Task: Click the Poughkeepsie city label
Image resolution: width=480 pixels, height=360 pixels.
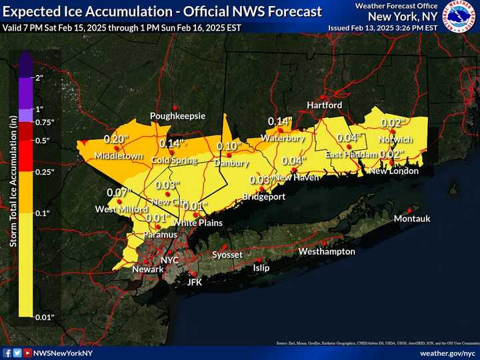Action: [177, 116]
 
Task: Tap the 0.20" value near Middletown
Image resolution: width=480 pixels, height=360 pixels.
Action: [116, 139]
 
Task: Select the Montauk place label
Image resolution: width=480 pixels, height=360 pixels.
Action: [412, 219]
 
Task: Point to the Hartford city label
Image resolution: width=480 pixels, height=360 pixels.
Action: [324, 106]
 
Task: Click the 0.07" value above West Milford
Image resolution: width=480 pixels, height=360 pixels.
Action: [117, 193]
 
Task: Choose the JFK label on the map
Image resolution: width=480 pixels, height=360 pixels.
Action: [193, 282]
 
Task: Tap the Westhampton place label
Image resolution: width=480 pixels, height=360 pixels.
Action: [327, 252]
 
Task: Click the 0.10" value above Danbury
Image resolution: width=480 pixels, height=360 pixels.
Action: [229, 147]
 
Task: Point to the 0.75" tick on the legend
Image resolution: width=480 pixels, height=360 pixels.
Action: [43, 122]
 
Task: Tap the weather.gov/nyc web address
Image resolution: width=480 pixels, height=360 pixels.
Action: [447, 351]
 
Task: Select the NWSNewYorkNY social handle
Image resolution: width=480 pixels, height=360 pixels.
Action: [63, 351]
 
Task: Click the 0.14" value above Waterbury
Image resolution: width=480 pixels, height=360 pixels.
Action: [280, 121]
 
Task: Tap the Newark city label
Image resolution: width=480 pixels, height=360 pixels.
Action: [147, 269]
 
